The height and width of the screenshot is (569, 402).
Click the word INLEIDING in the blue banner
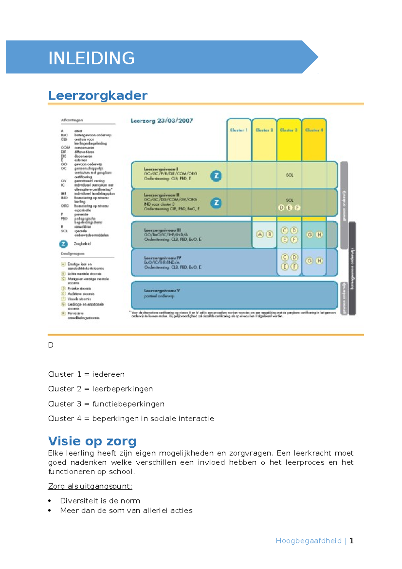point(91,58)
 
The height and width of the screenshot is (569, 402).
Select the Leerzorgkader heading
point(97,96)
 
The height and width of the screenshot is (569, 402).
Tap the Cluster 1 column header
point(239,130)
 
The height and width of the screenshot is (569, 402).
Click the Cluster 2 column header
point(264,130)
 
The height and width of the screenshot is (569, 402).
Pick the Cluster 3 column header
point(289,130)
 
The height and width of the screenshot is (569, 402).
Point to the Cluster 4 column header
point(314,130)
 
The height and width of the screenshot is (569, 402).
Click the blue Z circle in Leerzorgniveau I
point(216,176)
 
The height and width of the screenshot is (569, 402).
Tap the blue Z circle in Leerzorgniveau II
point(216,203)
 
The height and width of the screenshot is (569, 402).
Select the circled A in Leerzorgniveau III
point(260,234)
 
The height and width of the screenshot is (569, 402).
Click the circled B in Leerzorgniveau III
point(269,234)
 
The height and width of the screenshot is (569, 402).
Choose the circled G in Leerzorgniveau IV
point(310,261)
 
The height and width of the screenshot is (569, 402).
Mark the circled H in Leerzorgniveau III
point(319,235)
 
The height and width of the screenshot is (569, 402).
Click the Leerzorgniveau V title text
point(162,291)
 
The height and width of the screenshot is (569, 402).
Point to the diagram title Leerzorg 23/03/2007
point(162,121)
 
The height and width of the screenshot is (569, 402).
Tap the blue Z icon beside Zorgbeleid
point(63,244)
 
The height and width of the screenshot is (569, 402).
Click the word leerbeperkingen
point(122,389)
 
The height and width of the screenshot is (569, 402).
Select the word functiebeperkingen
point(128,404)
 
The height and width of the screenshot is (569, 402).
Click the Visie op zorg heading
point(92,441)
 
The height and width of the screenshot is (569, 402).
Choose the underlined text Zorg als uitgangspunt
point(90,486)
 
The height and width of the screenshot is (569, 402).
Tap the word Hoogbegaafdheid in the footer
point(309,541)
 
